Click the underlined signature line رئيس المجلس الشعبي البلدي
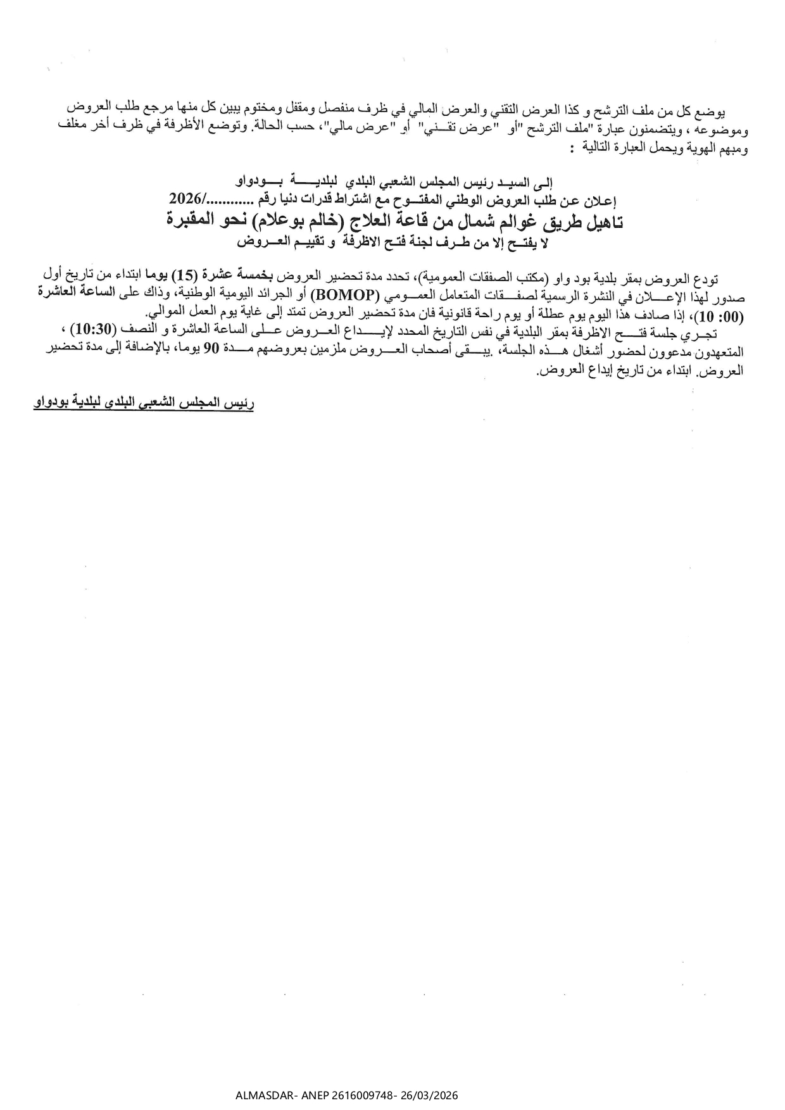(144, 403)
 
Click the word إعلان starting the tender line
(601, 200)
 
